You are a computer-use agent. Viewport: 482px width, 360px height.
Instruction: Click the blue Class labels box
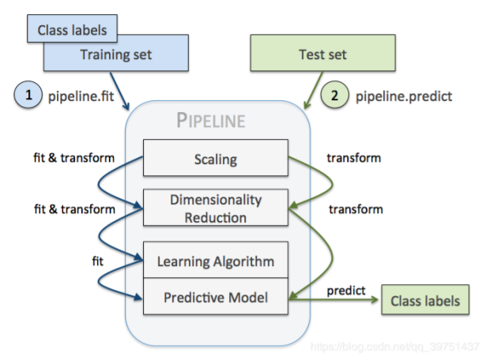(72, 28)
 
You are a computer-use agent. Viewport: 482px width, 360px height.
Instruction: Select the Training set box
(116, 54)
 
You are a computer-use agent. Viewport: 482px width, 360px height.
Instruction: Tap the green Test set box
(322, 53)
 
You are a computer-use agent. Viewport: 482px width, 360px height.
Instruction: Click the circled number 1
(28, 95)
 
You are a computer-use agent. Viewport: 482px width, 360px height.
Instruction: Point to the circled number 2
(334, 95)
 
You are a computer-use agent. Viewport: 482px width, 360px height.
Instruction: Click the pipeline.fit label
(81, 96)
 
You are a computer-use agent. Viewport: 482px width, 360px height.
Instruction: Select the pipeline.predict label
(404, 96)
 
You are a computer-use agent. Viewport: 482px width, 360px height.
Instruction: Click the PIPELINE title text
(211, 120)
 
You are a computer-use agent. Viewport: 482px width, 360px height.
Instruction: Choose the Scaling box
(216, 158)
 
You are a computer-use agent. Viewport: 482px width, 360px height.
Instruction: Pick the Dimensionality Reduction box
(216, 208)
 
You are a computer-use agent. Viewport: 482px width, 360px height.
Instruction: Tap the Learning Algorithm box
(216, 260)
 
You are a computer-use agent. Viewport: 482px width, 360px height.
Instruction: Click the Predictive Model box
(216, 296)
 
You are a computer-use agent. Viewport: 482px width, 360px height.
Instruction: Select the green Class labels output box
(425, 300)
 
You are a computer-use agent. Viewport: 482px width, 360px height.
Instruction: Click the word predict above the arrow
(346, 291)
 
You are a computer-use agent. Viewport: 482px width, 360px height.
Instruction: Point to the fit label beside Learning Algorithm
(98, 261)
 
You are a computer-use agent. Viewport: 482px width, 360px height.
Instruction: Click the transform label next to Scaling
(354, 158)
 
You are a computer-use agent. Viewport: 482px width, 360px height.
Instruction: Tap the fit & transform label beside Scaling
(73, 158)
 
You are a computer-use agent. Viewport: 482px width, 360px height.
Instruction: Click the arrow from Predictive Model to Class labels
(333, 299)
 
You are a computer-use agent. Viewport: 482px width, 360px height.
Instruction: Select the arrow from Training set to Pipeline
(119, 91)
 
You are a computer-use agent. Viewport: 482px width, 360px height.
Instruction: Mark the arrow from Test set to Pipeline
(313, 90)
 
